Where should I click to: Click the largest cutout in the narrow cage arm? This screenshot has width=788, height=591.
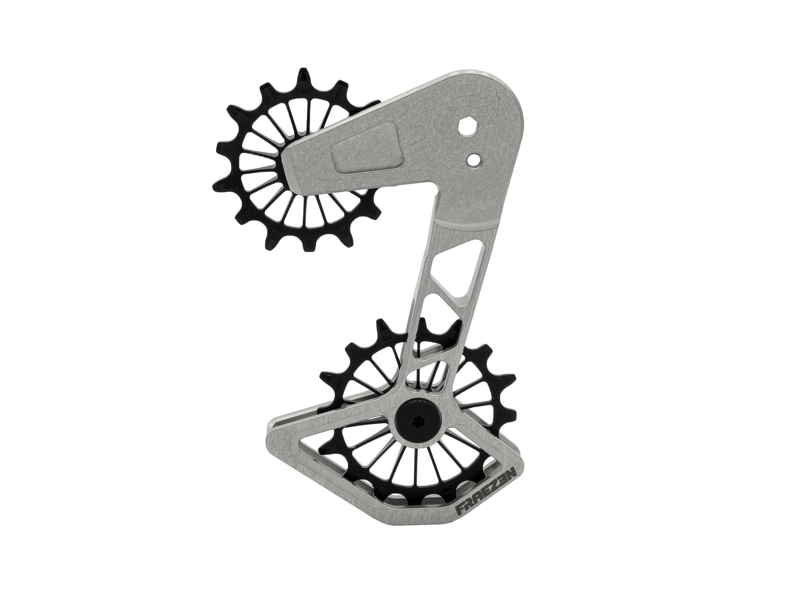point(454,269)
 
